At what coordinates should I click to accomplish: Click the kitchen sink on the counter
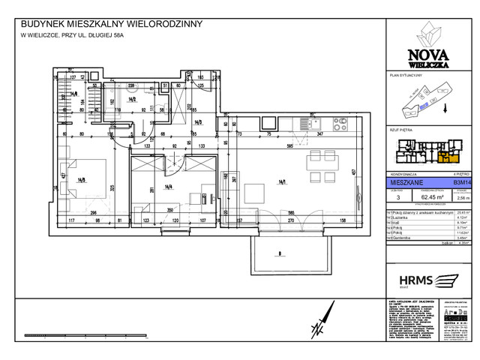pos(307,122)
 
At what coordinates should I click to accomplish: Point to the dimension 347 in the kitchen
pos(319,133)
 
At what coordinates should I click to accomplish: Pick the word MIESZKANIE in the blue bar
pos(401,181)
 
